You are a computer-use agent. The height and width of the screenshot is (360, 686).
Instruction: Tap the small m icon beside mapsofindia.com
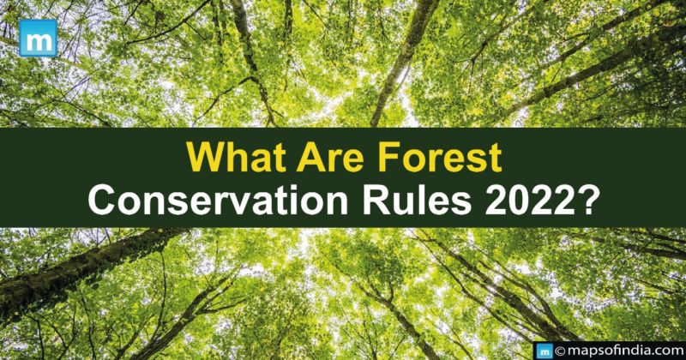point(543,349)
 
